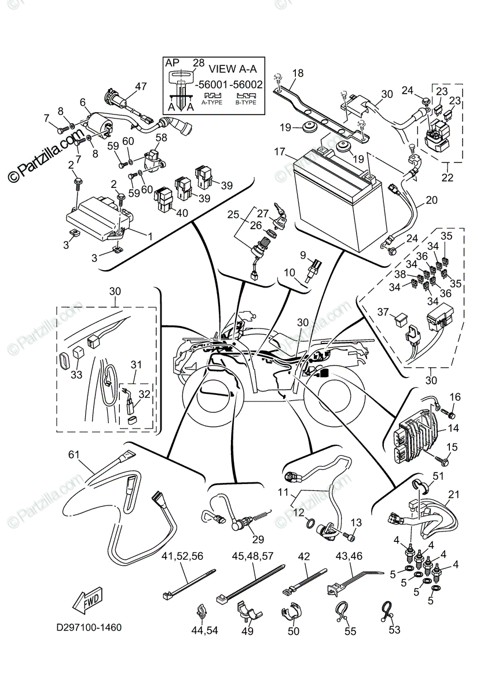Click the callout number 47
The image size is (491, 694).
point(141,87)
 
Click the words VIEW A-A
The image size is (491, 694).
point(233,67)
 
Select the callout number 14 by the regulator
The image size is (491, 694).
point(453,429)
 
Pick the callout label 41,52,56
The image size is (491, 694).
point(182,557)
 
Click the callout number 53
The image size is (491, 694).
point(394,630)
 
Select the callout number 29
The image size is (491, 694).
point(258,540)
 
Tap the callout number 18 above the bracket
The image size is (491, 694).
point(297,73)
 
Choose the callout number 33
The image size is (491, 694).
point(77,374)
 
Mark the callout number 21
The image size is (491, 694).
point(453,495)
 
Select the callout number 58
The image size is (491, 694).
point(160,138)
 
